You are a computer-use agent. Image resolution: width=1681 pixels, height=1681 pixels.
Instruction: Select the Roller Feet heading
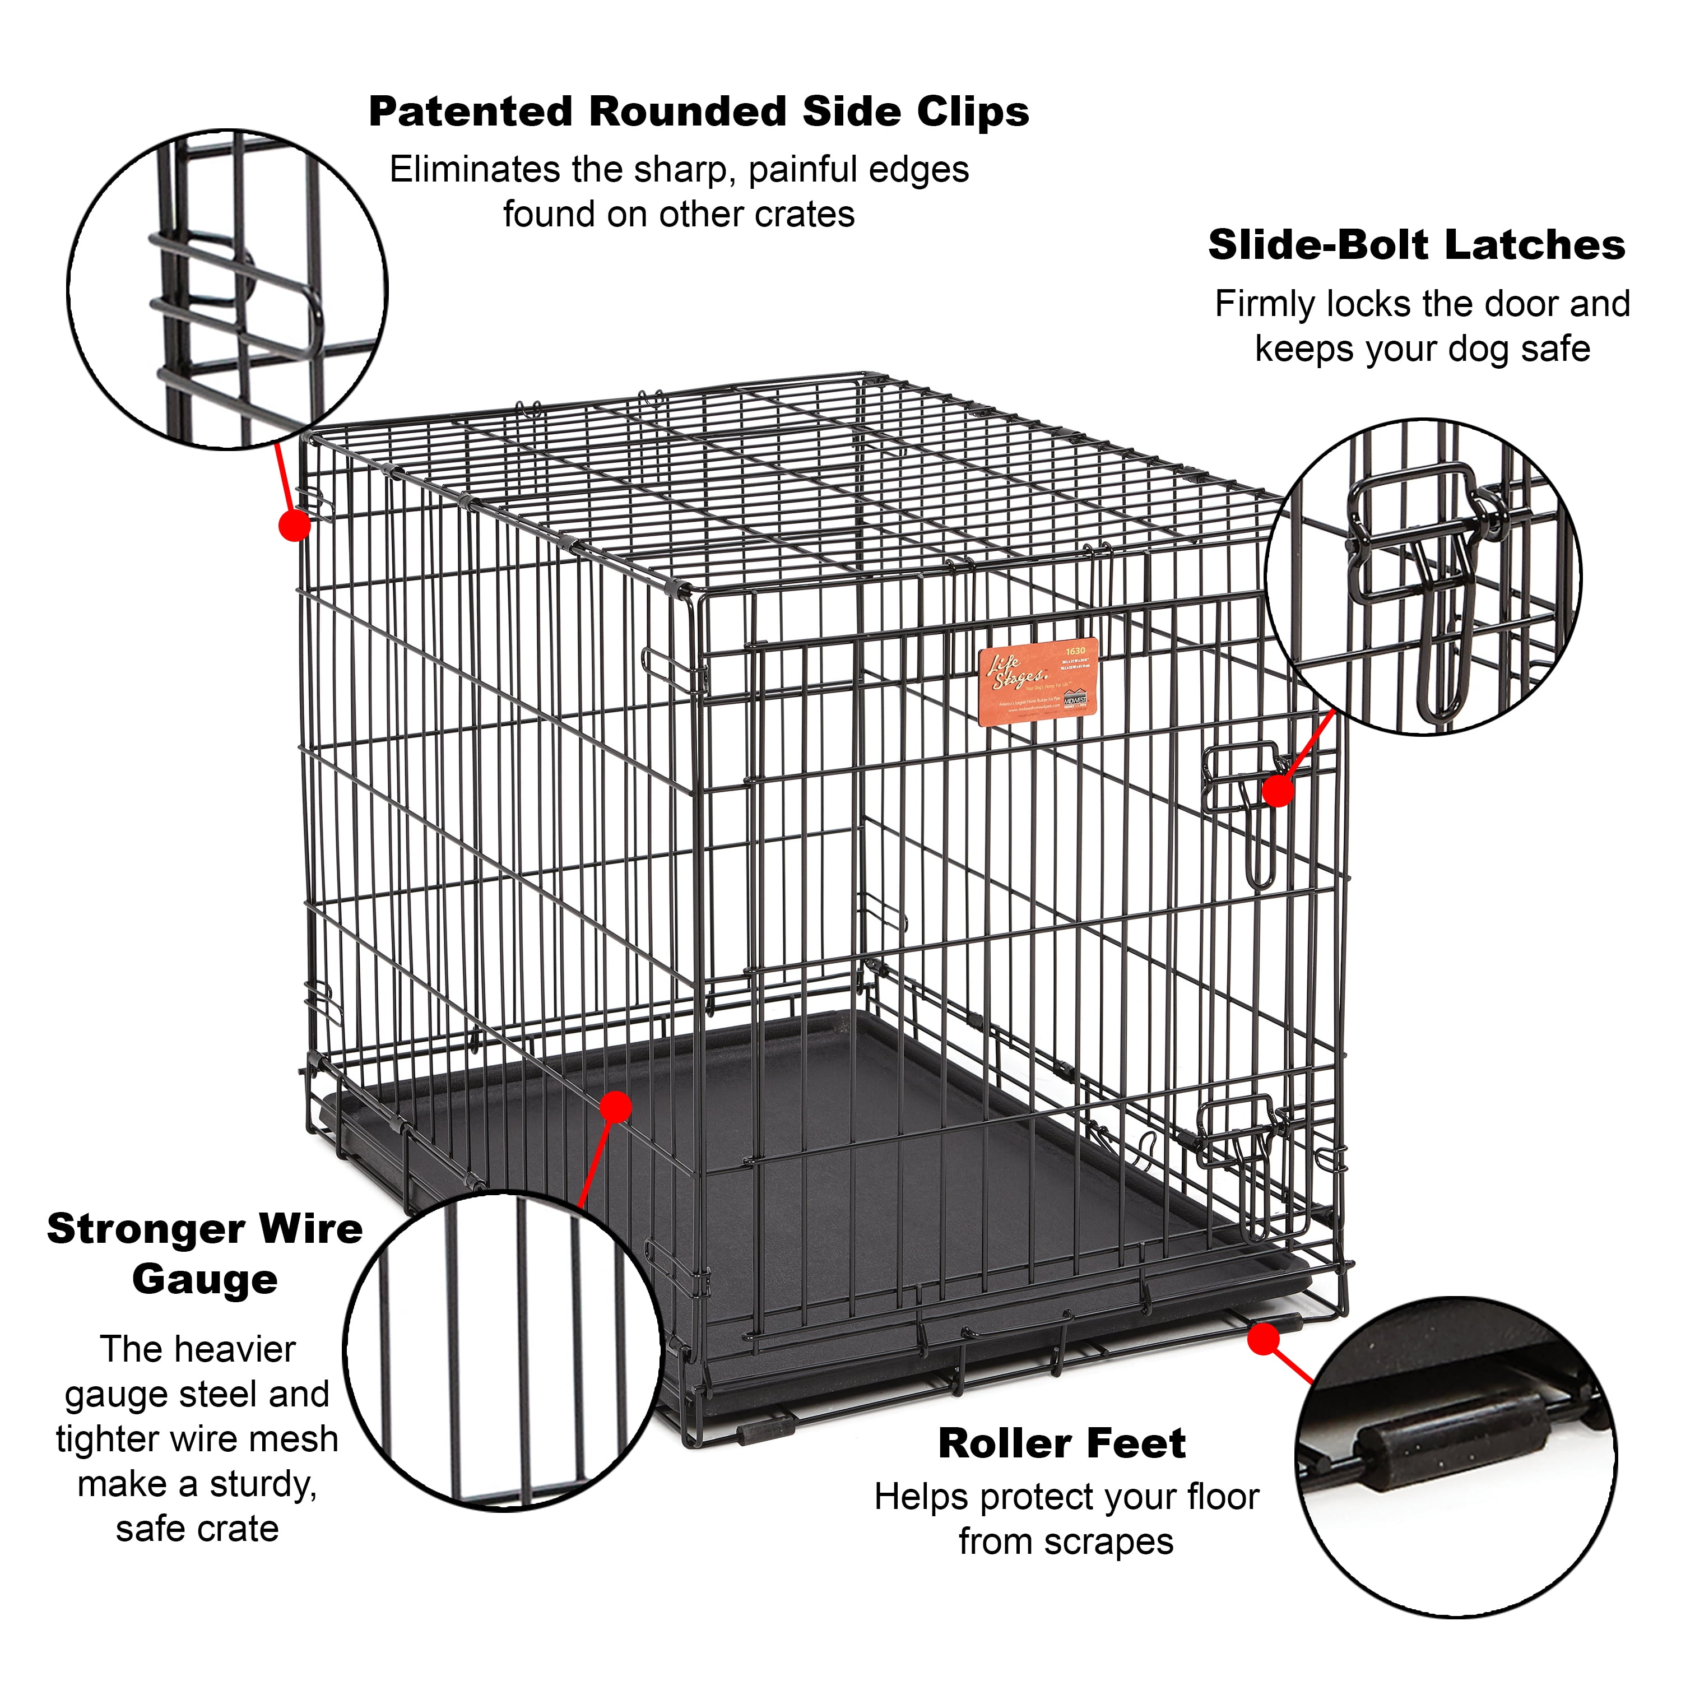pyautogui.click(x=1061, y=1443)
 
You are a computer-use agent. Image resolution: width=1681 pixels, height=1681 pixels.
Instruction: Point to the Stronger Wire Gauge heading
pyautogui.click(x=205, y=1254)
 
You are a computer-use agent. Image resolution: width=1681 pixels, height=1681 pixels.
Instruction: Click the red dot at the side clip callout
pyautogui.click(x=294, y=526)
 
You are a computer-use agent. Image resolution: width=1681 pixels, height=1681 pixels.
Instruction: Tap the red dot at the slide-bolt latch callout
pyautogui.click(x=1278, y=790)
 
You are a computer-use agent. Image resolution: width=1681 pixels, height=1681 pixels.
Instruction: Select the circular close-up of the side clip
pyautogui.click(x=228, y=290)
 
